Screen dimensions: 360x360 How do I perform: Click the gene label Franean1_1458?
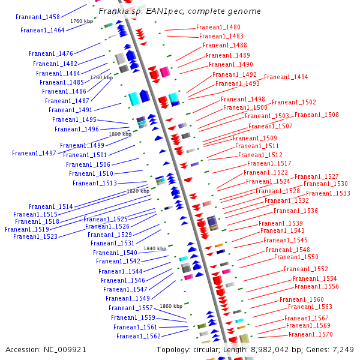(x=38, y=17)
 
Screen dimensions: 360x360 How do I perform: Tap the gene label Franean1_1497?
(x=34, y=153)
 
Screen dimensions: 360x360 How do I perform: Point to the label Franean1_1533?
(x=328, y=193)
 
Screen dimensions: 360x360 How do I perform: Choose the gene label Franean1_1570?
(x=310, y=334)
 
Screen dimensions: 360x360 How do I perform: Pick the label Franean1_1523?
(x=35, y=236)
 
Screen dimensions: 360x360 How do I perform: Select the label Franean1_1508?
(x=316, y=115)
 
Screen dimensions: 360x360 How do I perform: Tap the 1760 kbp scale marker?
(x=82, y=21)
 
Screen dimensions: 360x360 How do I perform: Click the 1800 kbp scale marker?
(x=120, y=134)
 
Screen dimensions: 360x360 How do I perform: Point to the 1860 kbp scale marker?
(x=171, y=306)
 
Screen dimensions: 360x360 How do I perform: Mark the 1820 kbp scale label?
(x=138, y=191)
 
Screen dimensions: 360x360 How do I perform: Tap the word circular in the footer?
(x=208, y=349)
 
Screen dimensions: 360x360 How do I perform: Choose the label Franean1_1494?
(x=286, y=77)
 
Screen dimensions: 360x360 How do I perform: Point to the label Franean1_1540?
(x=115, y=253)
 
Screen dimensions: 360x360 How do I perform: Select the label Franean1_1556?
(x=317, y=286)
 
